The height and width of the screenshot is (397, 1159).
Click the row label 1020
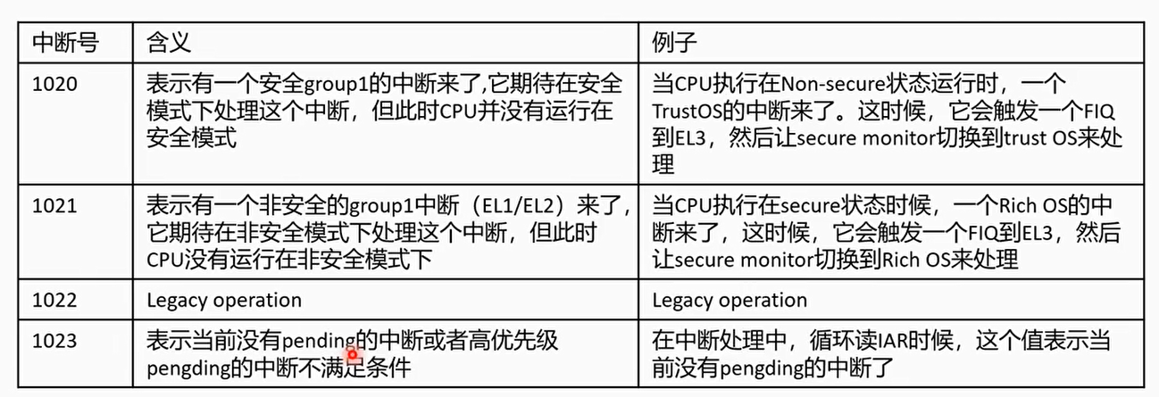(54, 85)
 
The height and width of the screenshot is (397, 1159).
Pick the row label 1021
(54, 206)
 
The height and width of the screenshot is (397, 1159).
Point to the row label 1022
(54, 300)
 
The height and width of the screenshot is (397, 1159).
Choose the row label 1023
(54, 340)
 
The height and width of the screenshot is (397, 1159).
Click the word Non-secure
(830, 85)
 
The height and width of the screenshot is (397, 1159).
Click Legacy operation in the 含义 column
(223, 300)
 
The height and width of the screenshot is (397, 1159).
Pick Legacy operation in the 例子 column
(730, 300)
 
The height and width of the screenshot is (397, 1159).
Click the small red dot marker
(354, 355)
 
